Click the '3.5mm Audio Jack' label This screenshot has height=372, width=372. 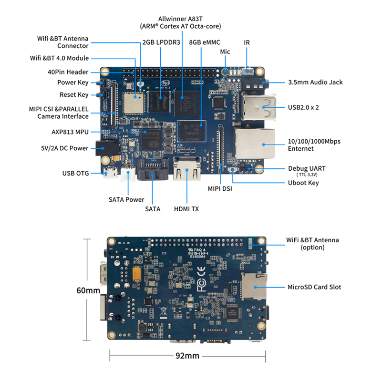pos(315,82)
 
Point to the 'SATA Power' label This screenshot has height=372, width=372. pos(126,199)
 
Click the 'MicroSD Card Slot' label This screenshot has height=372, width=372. pos(314,287)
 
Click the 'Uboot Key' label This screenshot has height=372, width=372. pos(303,183)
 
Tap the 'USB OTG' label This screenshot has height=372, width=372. pos(76,173)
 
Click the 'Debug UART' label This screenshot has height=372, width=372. pos(307,168)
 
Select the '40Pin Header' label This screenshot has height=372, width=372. pos(68,72)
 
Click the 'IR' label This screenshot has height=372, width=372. pos(247,42)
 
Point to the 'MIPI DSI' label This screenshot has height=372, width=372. pos(221,189)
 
